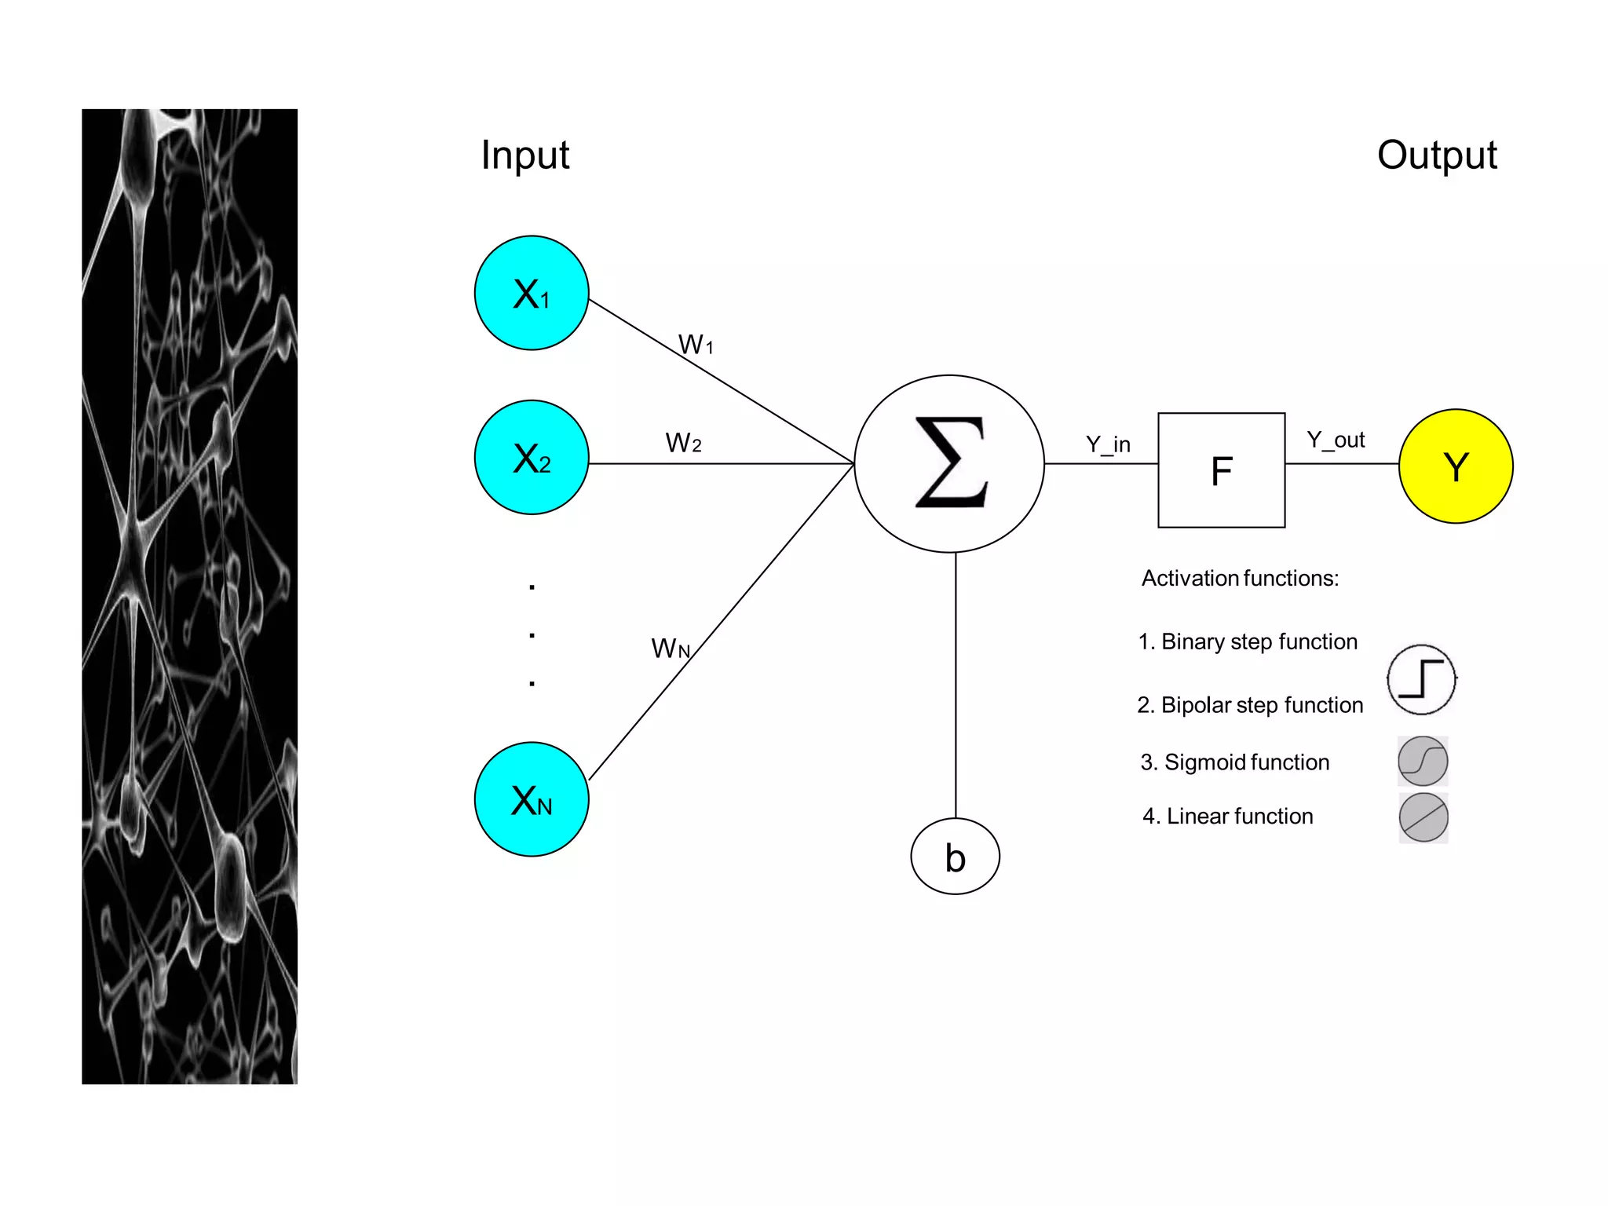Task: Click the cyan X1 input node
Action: click(x=532, y=293)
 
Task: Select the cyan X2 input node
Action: click(x=532, y=458)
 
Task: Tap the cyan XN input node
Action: click(x=532, y=799)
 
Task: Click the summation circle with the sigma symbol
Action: click(x=949, y=463)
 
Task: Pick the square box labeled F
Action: click(x=1221, y=470)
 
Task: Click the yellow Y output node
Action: click(x=1456, y=466)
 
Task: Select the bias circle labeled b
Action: click(x=955, y=857)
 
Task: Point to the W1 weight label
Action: click(x=696, y=345)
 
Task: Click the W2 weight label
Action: click(x=683, y=443)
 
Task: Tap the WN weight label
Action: click(x=671, y=649)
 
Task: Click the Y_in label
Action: click(x=1108, y=444)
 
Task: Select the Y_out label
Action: click(x=1336, y=440)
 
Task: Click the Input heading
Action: click(x=524, y=155)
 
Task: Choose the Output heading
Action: click(x=1437, y=155)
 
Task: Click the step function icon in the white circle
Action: click(x=1421, y=680)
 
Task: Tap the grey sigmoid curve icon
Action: click(x=1423, y=761)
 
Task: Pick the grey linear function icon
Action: click(x=1423, y=817)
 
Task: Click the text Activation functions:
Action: click(x=1240, y=578)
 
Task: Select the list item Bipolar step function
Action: click(x=1250, y=705)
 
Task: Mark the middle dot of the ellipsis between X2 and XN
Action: click(x=532, y=634)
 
